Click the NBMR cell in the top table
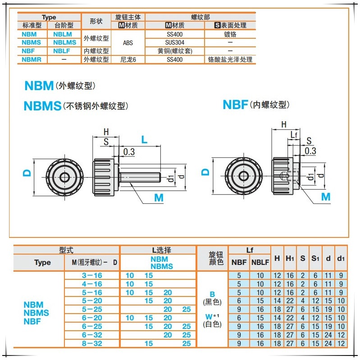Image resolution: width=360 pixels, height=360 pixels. click(32, 59)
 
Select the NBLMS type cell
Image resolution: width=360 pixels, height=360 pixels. click(63, 42)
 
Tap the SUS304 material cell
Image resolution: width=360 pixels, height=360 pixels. click(174, 42)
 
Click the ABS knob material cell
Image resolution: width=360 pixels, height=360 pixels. click(128, 42)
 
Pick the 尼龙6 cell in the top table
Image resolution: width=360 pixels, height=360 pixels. click(128, 59)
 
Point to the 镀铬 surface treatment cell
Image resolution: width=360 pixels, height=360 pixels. click(230, 34)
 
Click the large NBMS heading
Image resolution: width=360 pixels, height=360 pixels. click(42, 106)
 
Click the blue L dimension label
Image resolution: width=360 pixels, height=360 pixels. click(144, 140)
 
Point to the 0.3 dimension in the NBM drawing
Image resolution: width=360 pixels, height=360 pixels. click(129, 152)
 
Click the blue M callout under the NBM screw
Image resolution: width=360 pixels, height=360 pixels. click(159, 197)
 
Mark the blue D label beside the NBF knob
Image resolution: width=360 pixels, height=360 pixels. click(205, 172)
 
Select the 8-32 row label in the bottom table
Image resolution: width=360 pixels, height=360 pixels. click(93, 343)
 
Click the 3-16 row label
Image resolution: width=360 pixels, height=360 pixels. click(93, 275)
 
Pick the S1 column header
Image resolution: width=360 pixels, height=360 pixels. click(315, 258)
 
